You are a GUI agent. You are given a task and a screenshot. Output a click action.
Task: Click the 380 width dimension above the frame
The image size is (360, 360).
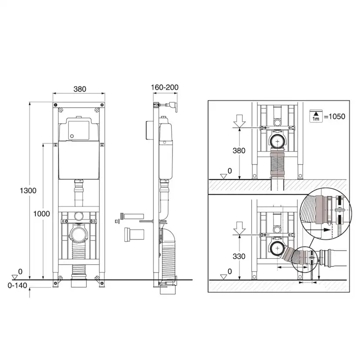click(x=79, y=89)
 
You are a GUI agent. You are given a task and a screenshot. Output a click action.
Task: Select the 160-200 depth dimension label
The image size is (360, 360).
click(x=164, y=87)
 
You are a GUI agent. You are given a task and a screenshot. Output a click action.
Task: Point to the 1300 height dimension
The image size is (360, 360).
click(x=28, y=190)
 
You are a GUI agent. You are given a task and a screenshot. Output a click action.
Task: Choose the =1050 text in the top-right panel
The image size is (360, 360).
click(x=335, y=116)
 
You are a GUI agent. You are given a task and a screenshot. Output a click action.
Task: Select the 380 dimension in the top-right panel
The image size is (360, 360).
click(x=239, y=151)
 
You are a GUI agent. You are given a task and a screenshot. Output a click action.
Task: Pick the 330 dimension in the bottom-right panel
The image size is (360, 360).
click(x=239, y=256)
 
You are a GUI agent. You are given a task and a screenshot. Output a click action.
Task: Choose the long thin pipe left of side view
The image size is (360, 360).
click(x=133, y=216)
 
